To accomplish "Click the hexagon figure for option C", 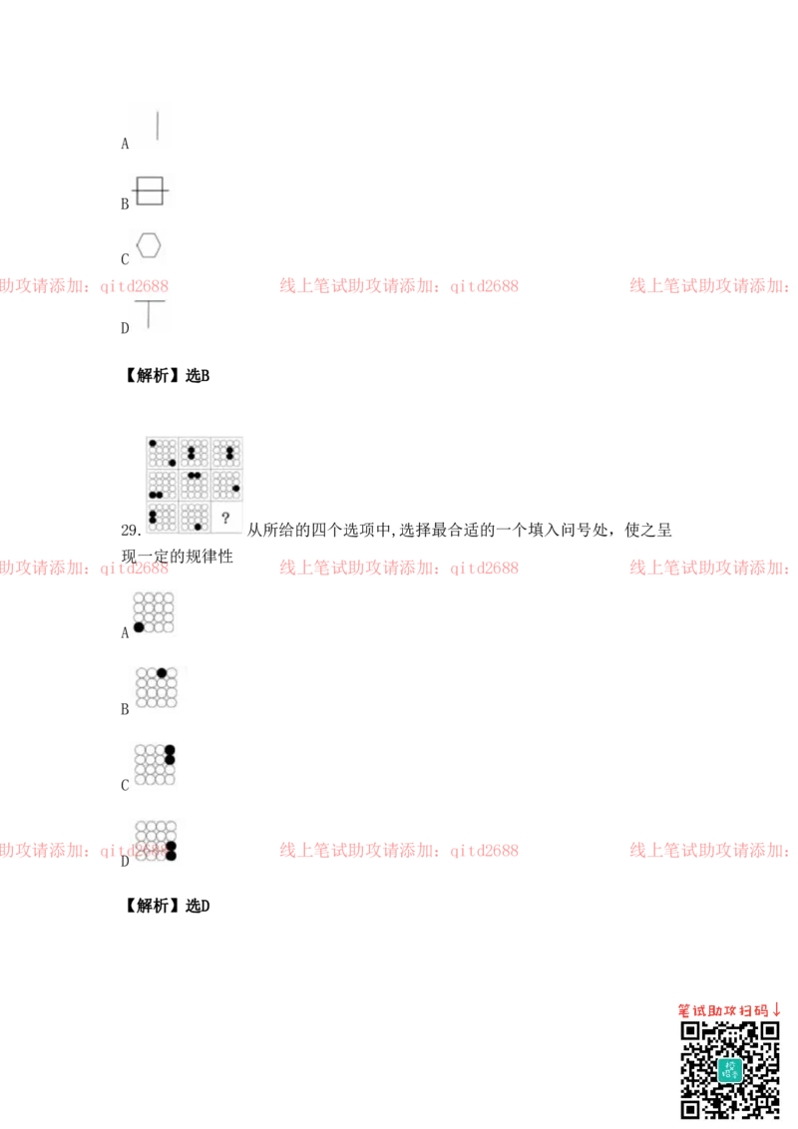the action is click(149, 244).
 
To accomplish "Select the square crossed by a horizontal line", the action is click(150, 190).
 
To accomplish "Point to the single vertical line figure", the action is click(158, 126).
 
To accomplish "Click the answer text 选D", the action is click(198, 906).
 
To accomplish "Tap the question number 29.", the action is click(131, 531).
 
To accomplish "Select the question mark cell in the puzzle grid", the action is click(226, 517).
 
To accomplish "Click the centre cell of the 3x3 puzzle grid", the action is click(195, 485).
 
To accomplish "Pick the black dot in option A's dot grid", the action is click(139, 627).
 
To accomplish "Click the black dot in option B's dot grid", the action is click(162, 673).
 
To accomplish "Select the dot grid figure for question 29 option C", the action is click(155, 765).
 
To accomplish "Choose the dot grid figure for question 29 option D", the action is click(156, 841).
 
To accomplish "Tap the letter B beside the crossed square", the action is click(125, 204).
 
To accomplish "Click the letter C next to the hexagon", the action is click(125, 259).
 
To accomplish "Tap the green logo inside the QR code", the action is click(730, 1070).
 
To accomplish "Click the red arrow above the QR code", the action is click(777, 1010).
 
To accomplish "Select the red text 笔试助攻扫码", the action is click(723, 1011).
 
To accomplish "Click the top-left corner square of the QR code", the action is click(690, 1032).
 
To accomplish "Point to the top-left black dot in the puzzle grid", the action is click(153, 444).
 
